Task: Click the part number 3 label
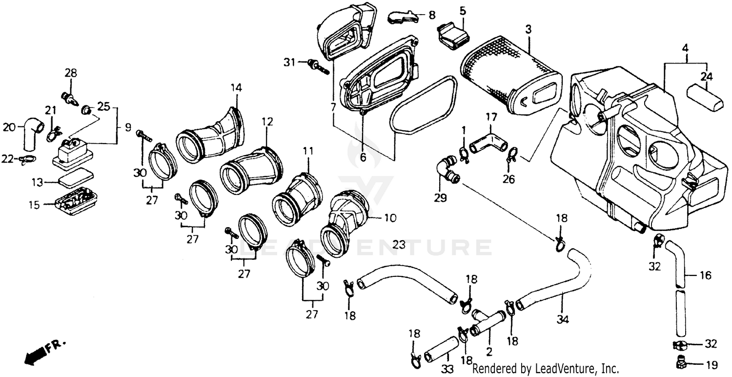(x=528, y=29)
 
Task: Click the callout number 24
(x=707, y=77)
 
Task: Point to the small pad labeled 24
(x=707, y=97)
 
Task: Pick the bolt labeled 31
(x=317, y=67)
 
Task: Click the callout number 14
(x=236, y=88)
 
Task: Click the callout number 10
(x=390, y=218)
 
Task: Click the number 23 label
(x=399, y=245)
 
